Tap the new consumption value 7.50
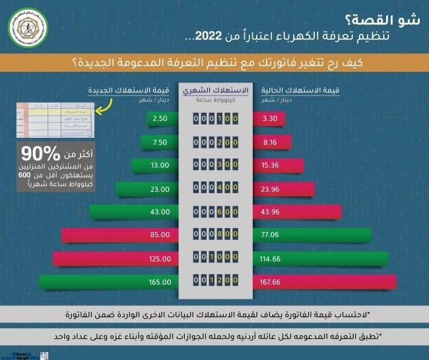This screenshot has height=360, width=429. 159,142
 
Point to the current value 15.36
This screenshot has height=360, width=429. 271,165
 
